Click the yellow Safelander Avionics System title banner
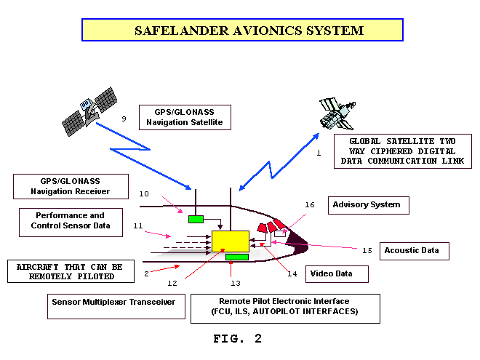pos(242,30)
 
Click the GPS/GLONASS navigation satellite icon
pos(89,111)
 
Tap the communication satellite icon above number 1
pos(337,113)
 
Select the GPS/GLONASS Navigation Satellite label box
pos(185,118)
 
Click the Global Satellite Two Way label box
pos(403,151)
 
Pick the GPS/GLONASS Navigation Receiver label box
pos(71,186)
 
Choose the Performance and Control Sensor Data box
pos(71,223)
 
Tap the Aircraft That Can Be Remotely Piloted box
pos(71,271)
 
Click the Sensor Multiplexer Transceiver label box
pos(116,306)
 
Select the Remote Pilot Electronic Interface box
pos(285,308)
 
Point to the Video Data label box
pos(337,274)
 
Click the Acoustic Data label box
pos(415,251)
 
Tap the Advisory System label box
pos(369,205)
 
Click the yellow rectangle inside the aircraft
pos(231,241)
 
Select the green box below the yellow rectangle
pos(237,257)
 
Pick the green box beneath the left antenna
pos(196,219)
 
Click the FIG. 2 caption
pos(238,339)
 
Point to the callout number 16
pos(310,205)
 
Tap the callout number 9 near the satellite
pos(124,119)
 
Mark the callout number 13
pos(236,283)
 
